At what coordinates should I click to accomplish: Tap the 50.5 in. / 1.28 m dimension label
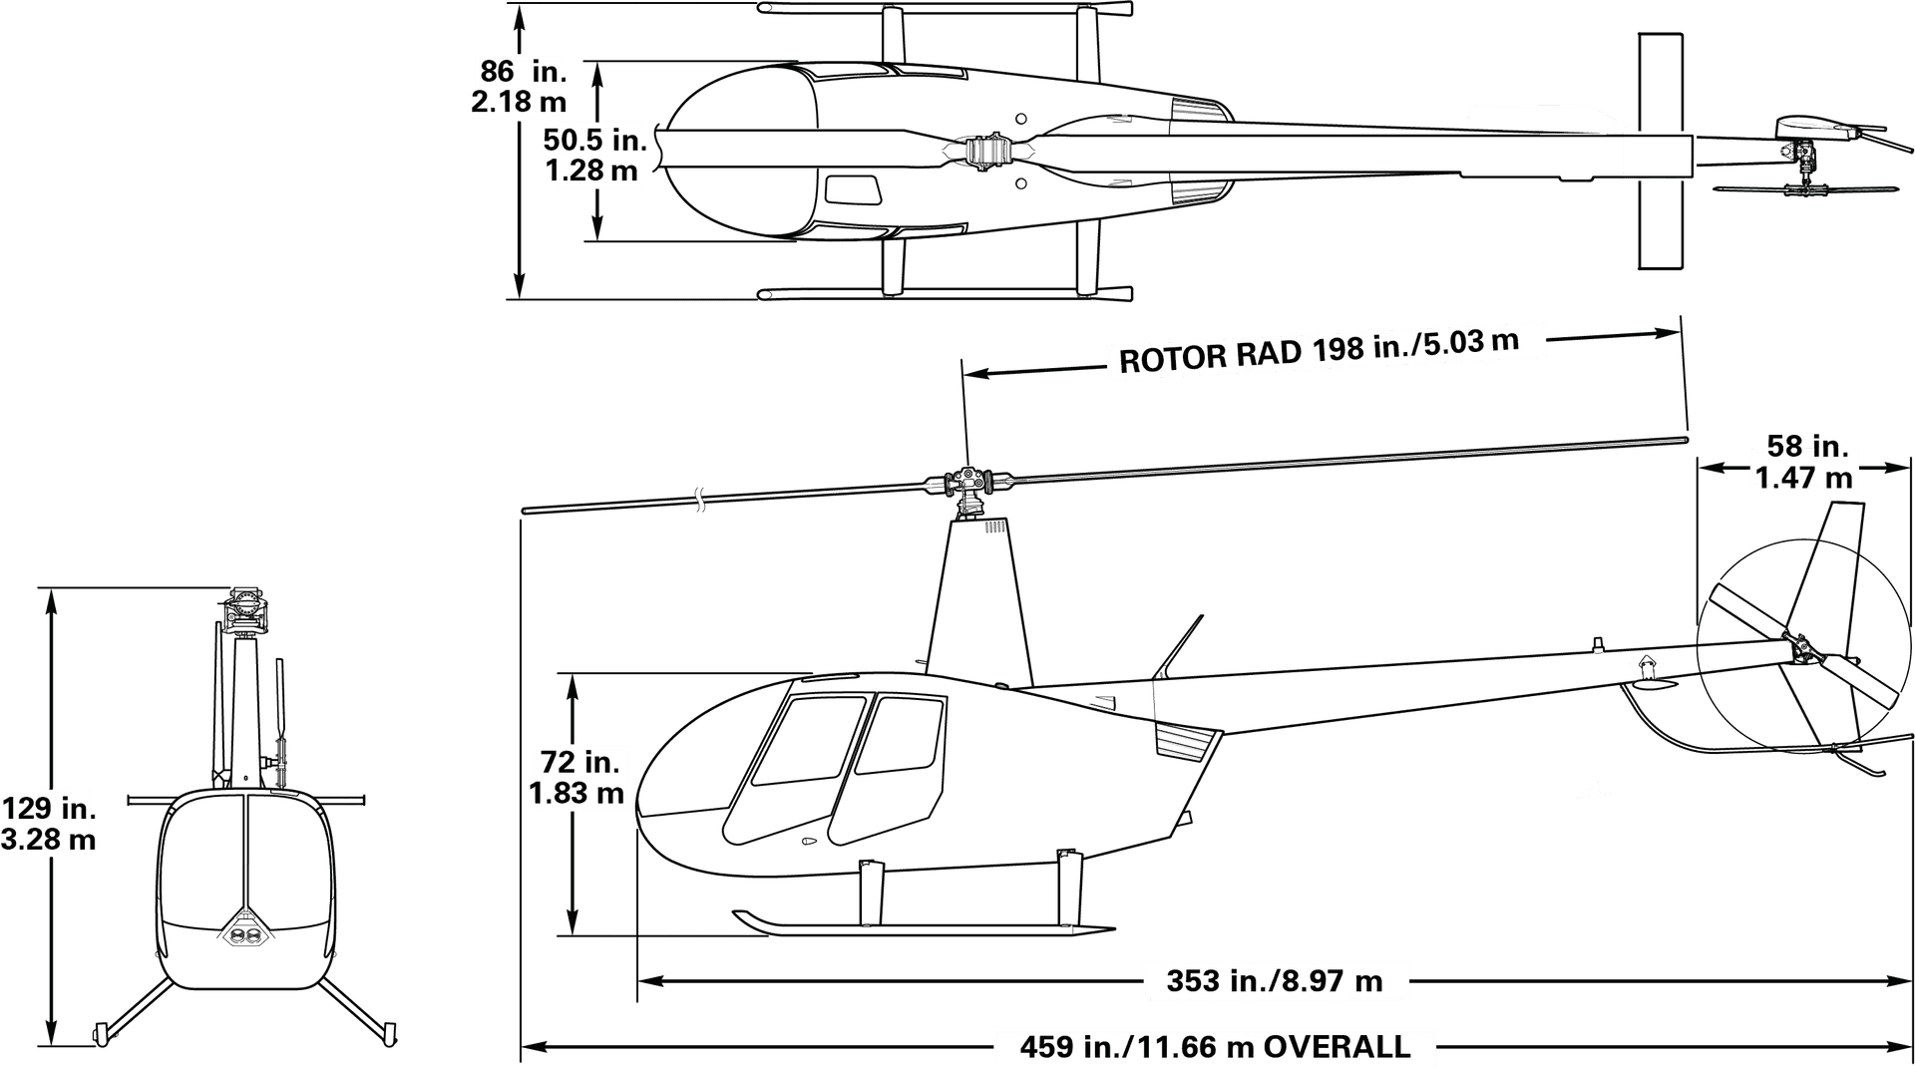pyautogui.click(x=594, y=155)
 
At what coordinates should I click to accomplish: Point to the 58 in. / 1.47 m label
pyautogui.click(x=1804, y=462)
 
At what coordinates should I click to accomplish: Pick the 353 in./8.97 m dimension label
pyautogui.click(x=1275, y=981)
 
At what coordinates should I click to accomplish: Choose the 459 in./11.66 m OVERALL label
pyautogui.click(x=1215, y=1047)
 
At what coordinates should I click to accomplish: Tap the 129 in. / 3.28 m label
pyautogui.click(x=48, y=824)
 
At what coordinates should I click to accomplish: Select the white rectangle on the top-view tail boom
pyautogui.click(x=1657, y=157)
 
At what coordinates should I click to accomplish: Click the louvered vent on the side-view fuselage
pyautogui.click(x=1187, y=743)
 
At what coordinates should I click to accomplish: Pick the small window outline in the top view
pyautogui.click(x=852, y=189)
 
